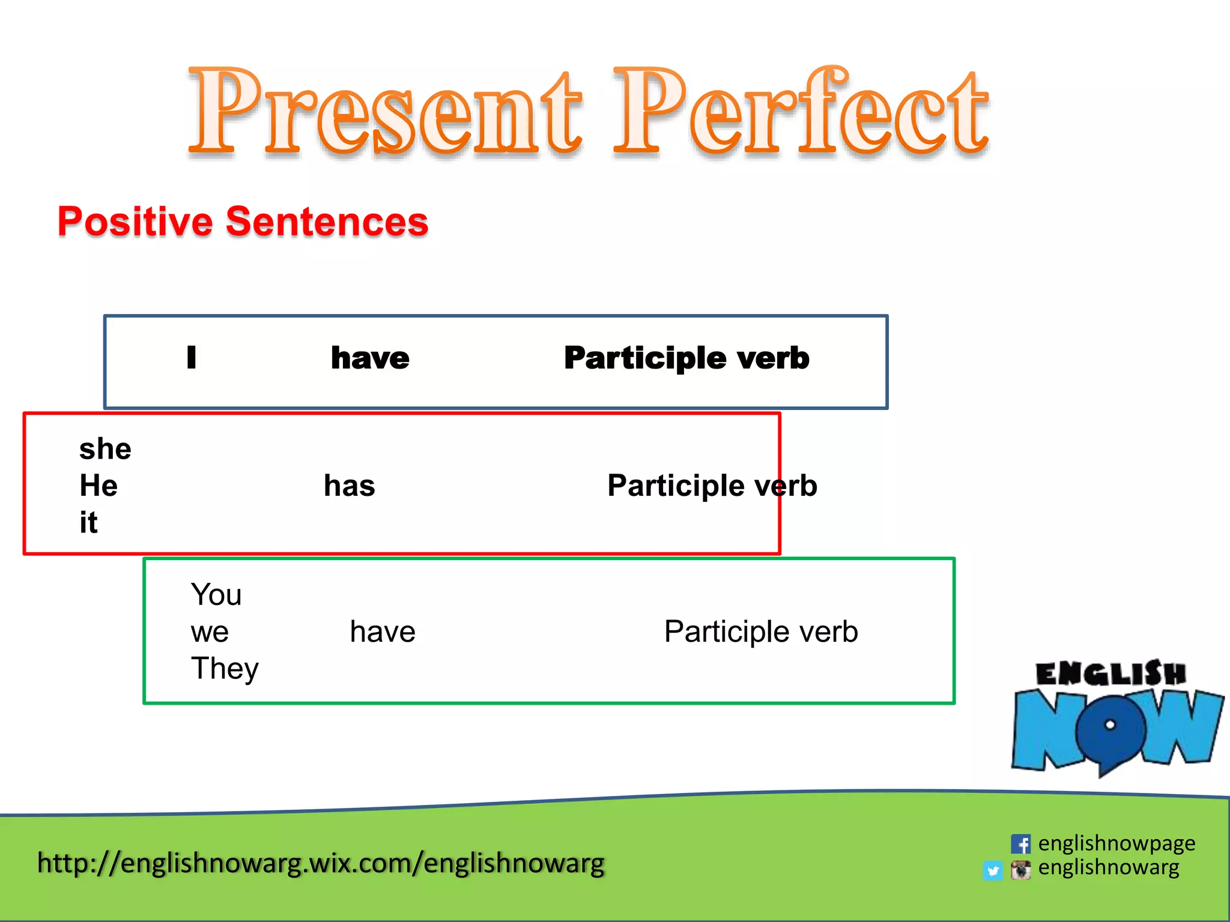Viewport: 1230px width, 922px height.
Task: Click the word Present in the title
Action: click(384, 111)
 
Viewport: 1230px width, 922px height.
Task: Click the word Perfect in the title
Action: click(802, 111)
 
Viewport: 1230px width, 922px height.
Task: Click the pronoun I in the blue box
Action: click(191, 357)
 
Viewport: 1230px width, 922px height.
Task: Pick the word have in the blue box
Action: click(370, 358)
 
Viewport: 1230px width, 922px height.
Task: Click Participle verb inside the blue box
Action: click(686, 358)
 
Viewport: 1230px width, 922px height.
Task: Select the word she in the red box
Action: click(105, 449)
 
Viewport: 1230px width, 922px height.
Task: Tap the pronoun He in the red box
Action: click(98, 486)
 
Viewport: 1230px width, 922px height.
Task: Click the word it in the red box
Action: click(88, 522)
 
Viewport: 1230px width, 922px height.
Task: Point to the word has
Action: click(349, 486)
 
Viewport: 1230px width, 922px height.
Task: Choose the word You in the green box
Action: click(216, 595)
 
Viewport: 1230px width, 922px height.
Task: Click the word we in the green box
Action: click(210, 632)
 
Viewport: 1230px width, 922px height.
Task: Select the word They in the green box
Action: click(225, 669)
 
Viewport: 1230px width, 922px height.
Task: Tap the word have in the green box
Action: click(383, 632)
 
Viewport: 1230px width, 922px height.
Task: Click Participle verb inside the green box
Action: click(761, 632)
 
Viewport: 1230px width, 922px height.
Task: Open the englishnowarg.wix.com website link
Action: click(321, 863)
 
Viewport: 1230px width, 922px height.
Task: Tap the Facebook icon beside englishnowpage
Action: click(1020, 844)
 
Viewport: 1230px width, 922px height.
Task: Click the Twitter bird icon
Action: click(993, 870)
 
